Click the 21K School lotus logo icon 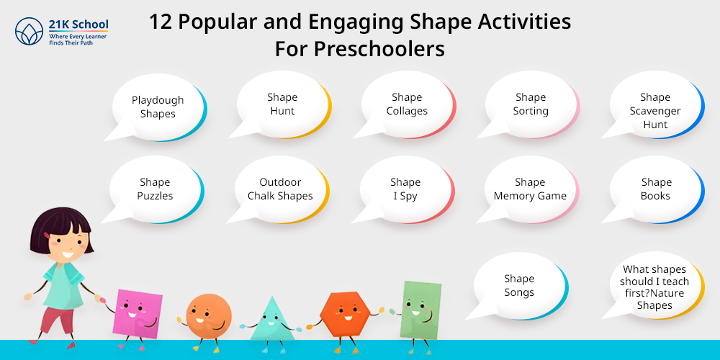(x=29, y=32)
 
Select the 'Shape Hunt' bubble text (x=282, y=104)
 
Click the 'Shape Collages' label (x=406, y=104)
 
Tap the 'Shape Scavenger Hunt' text (x=654, y=111)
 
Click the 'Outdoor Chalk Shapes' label (x=280, y=189)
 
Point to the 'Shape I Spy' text (x=405, y=189)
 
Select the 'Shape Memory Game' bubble (x=529, y=189)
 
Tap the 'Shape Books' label (x=656, y=189)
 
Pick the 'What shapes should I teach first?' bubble (x=654, y=286)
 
